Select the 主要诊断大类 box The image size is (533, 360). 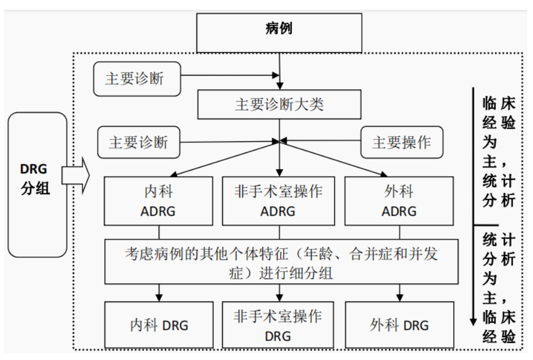279,104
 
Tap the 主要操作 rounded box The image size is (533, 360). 401,142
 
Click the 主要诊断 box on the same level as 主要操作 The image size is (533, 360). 138,142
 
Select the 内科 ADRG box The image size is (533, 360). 158,200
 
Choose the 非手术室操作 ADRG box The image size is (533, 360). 279,200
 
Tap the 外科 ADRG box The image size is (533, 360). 399,200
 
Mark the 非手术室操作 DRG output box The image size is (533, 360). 279,325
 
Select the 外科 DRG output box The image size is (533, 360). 399,325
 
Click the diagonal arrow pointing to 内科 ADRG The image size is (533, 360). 224,159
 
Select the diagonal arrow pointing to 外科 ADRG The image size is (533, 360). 336,159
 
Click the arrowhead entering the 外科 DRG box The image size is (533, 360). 400,297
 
